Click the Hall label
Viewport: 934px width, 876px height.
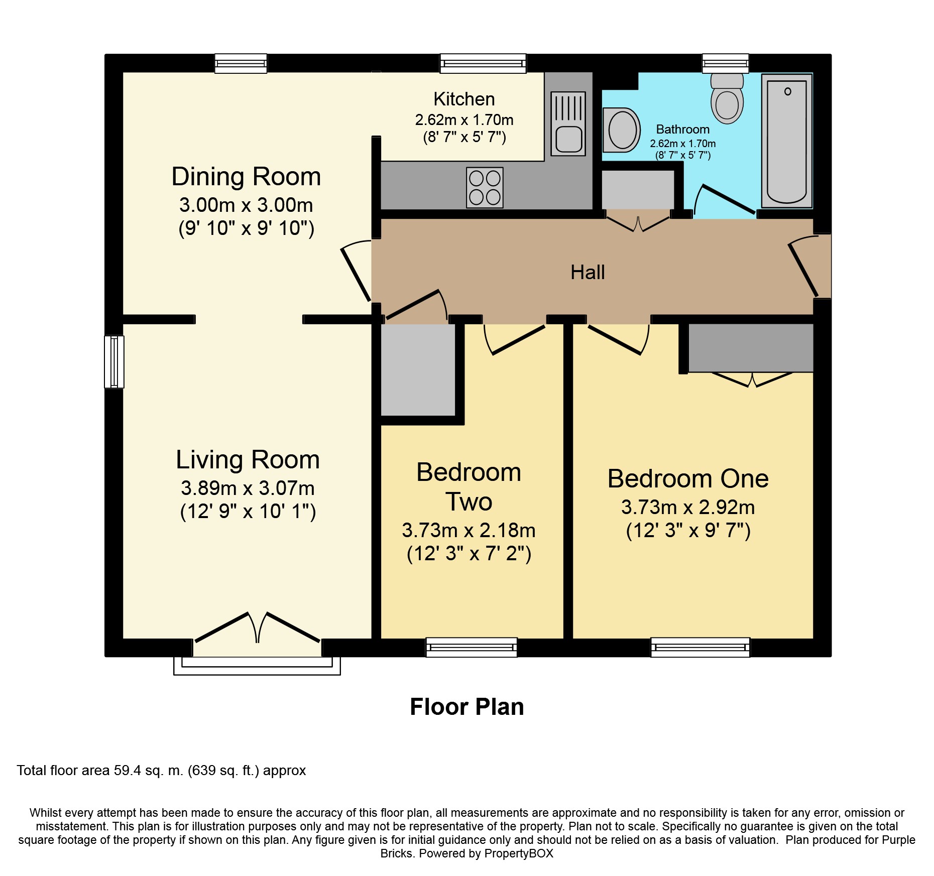click(x=588, y=273)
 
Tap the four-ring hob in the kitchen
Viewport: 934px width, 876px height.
click(x=485, y=187)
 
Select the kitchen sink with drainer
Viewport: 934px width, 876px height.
click(x=568, y=123)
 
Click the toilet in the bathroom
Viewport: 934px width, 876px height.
click(x=727, y=98)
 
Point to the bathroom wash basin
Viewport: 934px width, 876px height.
click(x=621, y=130)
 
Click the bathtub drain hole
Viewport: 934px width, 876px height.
click(x=787, y=91)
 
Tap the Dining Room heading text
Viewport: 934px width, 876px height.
click(x=246, y=177)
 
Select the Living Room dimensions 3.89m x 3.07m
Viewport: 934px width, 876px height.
click(x=248, y=488)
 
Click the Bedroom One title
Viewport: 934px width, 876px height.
click(x=688, y=479)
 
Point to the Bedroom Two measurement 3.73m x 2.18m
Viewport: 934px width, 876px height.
click(x=469, y=530)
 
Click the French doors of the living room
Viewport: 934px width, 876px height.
click(x=257, y=628)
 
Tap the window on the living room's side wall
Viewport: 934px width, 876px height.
click(x=114, y=362)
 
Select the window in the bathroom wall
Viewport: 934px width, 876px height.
click(x=725, y=63)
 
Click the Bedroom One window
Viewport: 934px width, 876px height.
click(x=700, y=648)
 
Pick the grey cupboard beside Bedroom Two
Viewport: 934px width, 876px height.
click(x=418, y=370)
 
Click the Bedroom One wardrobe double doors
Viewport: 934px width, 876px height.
click(x=752, y=380)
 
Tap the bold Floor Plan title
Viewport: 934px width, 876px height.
click(x=467, y=707)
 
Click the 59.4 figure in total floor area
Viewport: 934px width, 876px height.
click(x=128, y=770)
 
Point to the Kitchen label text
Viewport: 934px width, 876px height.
click(x=464, y=99)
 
